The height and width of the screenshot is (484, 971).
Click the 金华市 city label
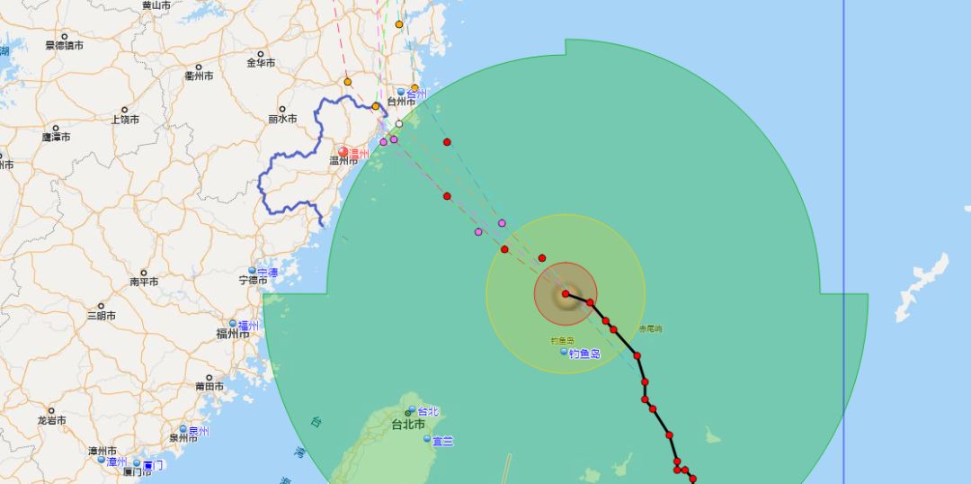(x=261, y=63)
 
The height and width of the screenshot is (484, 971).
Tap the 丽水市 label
(x=282, y=119)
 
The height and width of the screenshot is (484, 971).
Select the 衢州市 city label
(x=199, y=76)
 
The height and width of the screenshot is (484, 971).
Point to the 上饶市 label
(x=125, y=120)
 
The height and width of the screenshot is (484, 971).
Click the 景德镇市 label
(x=64, y=45)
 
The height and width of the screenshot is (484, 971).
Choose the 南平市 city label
(x=144, y=282)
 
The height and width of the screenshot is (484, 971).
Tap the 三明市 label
(x=101, y=316)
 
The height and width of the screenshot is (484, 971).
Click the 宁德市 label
(x=254, y=280)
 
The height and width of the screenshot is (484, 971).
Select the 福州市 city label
(x=232, y=334)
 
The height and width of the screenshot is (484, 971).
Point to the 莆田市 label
(x=209, y=386)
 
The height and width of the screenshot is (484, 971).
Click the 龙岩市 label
(x=52, y=420)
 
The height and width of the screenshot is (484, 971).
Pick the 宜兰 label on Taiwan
(x=441, y=441)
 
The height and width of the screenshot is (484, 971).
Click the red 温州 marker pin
(x=343, y=152)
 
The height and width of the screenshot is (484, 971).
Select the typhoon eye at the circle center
(x=566, y=294)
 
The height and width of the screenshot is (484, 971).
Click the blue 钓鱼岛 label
(x=583, y=354)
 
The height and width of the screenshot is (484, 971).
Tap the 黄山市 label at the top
(x=156, y=5)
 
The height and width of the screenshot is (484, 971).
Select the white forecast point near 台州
(x=399, y=124)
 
